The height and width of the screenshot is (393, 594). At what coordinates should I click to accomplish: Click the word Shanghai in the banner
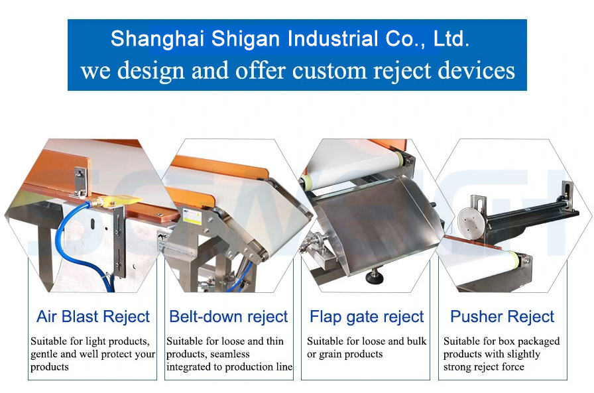pyautogui.click(x=157, y=39)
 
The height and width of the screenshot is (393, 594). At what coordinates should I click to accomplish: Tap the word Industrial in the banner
pyautogui.click(x=332, y=38)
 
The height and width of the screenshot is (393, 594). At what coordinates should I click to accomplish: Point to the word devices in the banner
pyautogui.click(x=476, y=70)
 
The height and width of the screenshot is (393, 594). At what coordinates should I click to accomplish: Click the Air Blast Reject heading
pyautogui.click(x=93, y=317)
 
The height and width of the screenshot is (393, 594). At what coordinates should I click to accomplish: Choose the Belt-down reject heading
pyautogui.click(x=229, y=317)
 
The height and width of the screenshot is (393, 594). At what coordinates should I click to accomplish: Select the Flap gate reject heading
pyautogui.click(x=367, y=317)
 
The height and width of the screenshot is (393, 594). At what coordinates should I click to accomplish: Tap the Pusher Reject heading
pyautogui.click(x=503, y=317)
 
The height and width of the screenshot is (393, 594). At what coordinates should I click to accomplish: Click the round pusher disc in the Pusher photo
pyautogui.click(x=472, y=222)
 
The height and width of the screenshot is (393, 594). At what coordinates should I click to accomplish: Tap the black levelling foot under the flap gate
pyautogui.click(x=375, y=276)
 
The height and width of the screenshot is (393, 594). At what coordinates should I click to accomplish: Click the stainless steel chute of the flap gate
pyautogui.click(x=375, y=223)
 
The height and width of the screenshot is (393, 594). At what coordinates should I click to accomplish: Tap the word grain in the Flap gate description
pyautogui.click(x=329, y=355)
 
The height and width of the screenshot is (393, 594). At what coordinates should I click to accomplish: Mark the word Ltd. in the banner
pyautogui.click(x=451, y=38)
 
